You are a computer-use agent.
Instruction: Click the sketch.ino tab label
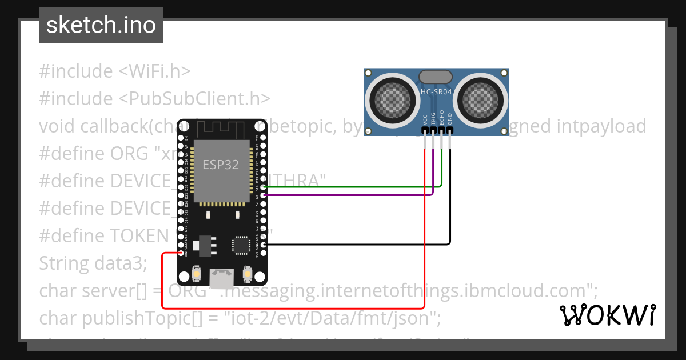[x=101, y=25]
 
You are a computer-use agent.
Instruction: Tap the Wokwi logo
[x=607, y=315]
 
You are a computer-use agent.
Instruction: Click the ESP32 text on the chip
[x=221, y=165]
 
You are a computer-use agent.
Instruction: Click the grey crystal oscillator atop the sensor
[x=436, y=77]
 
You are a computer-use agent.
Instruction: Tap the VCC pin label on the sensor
[x=425, y=119]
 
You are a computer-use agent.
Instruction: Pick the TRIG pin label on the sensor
[x=433, y=118]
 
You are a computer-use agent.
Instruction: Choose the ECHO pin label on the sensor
[x=441, y=118]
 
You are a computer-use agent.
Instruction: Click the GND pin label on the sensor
[x=450, y=119]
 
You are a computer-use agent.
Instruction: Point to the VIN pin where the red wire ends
[x=181, y=253]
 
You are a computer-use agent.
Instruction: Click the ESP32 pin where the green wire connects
[x=264, y=187]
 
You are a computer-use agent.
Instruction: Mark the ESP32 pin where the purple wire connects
[x=264, y=195]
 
